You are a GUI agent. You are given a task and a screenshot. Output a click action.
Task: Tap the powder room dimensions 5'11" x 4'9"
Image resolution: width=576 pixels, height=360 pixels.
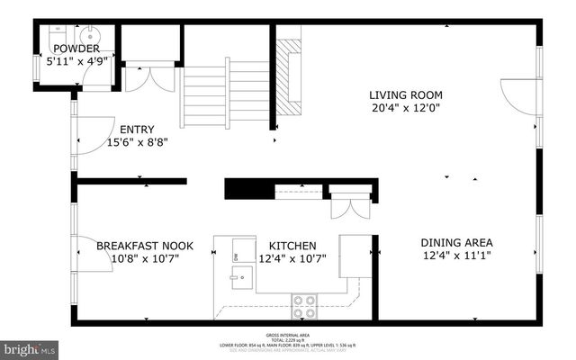coord(76,63)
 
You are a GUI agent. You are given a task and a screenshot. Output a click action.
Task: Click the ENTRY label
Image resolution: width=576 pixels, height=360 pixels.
coord(138,128)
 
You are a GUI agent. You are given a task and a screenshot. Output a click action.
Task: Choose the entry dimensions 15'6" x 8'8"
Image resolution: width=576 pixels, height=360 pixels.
coord(138,141)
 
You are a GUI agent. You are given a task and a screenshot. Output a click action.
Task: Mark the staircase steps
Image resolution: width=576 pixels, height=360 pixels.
coord(225,90)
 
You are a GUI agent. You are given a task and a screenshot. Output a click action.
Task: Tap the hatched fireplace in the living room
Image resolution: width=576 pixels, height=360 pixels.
coord(288,76)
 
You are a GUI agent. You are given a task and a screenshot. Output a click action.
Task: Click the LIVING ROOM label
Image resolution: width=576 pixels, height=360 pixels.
coord(405,94)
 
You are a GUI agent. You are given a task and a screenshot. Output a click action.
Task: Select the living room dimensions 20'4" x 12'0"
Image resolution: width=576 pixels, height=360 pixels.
coord(405,109)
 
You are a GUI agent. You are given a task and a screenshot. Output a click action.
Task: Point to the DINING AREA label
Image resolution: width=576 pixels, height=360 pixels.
coord(456,242)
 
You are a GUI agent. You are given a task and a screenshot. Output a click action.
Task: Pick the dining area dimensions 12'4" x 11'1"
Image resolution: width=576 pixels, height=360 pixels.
coord(456,257)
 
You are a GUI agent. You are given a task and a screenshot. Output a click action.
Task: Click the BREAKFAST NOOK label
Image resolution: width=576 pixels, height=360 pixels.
coord(144,245)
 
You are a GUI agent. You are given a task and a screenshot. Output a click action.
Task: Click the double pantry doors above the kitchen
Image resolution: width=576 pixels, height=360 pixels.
coord(346,206)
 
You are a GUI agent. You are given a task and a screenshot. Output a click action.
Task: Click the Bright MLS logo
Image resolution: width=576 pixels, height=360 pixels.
coord(30,346)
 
